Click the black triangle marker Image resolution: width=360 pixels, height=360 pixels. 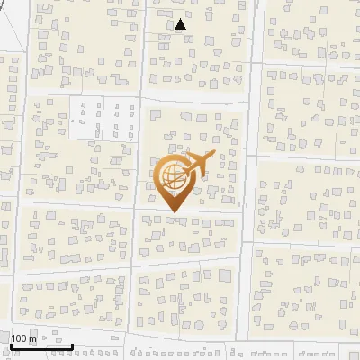pyautogui.click(x=181, y=25)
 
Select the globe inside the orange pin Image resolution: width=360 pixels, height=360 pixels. pyautogui.click(x=170, y=175)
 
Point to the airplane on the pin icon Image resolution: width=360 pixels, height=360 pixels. pyautogui.click(x=200, y=164)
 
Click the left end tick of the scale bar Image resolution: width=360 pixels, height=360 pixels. pyautogui.click(x=11, y=345)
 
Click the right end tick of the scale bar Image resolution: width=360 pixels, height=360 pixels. pyautogui.click(x=73, y=345)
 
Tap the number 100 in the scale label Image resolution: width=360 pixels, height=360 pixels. pyautogui.click(x=19, y=338)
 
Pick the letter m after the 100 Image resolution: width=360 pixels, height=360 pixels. pyautogui.click(x=31, y=338)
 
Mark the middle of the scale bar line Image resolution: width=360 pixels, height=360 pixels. pyautogui.click(x=41, y=346)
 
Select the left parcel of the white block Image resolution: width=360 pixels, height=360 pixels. pyautogui.click(x=86, y=119)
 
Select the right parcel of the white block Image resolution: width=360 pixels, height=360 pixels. pyautogui.click(x=118, y=119)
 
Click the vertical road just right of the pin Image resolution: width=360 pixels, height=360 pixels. pyautogui.click(x=246, y=180)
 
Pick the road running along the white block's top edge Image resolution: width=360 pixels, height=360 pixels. pyautogui.click(x=99, y=94)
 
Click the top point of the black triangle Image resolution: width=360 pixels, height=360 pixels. pyautogui.click(x=181, y=20)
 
